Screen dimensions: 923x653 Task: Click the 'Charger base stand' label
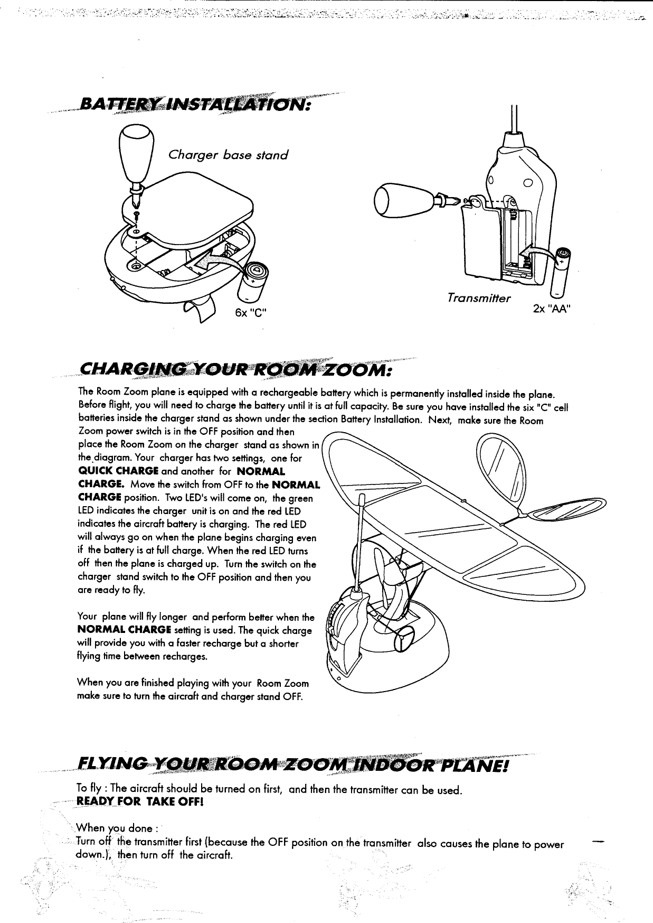[x=228, y=155]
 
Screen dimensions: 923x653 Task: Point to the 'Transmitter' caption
[x=478, y=298]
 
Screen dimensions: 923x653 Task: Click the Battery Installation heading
[x=191, y=105]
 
